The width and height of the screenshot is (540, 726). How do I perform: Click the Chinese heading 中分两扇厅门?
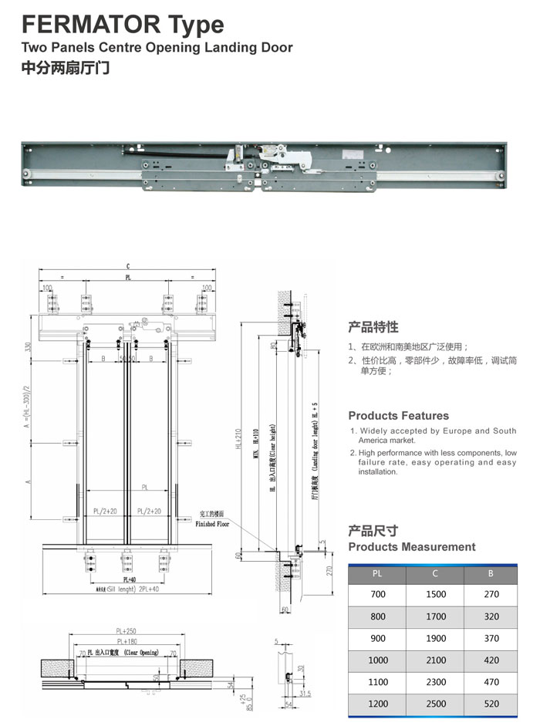coord(66,68)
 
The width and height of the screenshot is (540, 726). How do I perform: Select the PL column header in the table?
coord(377,573)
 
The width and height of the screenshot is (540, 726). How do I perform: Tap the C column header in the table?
coord(435,573)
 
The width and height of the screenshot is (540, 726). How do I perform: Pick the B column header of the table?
coord(491,573)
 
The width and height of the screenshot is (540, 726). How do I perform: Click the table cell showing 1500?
coord(435,595)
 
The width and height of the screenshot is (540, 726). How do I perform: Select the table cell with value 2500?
coord(435,704)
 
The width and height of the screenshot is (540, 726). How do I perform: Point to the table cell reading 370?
coord(491,638)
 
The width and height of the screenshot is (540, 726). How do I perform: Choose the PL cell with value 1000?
coord(377,660)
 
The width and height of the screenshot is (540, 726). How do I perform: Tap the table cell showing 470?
coord(491,682)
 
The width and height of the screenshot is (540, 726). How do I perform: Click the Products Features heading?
coord(398,416)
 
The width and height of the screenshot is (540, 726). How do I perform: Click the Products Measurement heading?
coord(412,547)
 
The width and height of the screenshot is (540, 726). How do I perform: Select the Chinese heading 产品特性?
coord(373,326)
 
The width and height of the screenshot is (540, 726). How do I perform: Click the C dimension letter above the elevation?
coord(128,266)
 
